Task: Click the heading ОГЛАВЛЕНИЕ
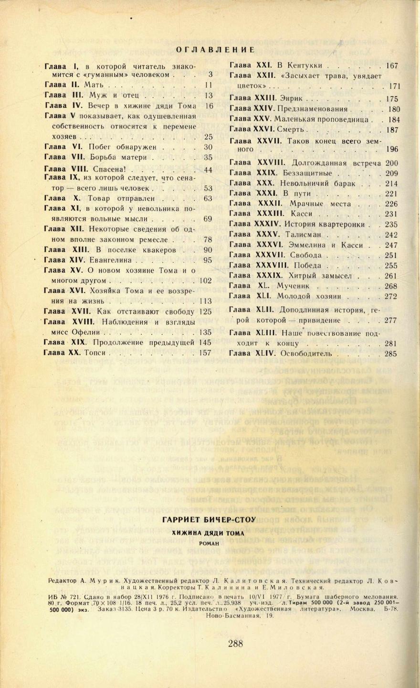coord(215,50)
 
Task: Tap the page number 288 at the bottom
coord(236,644)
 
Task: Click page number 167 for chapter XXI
coord(392,66)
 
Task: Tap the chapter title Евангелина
coord(112,260)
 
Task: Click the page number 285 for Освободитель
coord(391,354)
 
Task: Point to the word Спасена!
coord(109,170)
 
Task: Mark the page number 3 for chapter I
coord(210,75)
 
